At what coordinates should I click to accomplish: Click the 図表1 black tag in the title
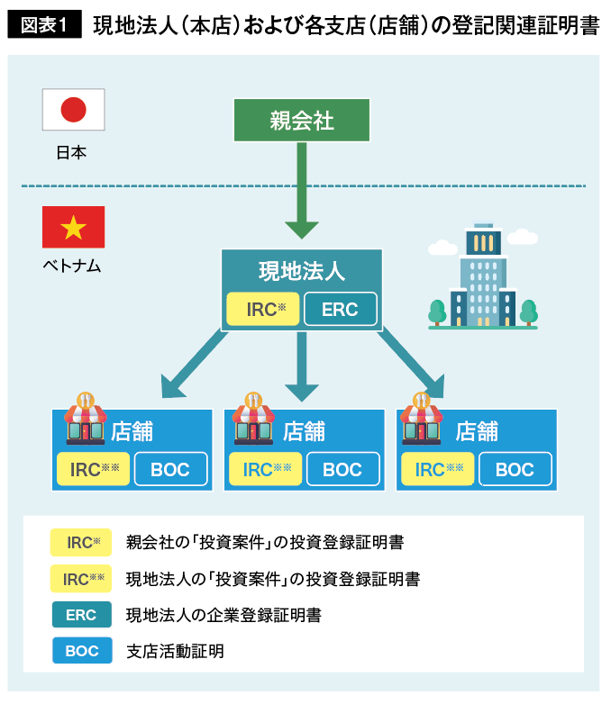45,25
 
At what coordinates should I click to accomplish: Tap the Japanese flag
73,111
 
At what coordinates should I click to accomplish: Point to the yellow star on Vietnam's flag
73,228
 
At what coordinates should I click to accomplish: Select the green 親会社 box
302,120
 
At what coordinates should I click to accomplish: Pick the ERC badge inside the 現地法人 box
340,310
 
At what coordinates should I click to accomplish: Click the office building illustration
483,278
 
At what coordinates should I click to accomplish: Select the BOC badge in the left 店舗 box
171,469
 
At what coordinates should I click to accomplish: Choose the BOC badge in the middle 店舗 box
342,469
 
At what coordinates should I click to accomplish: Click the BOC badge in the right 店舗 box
515,469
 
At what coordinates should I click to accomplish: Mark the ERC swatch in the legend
81,616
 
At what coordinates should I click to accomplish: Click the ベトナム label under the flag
72,266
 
